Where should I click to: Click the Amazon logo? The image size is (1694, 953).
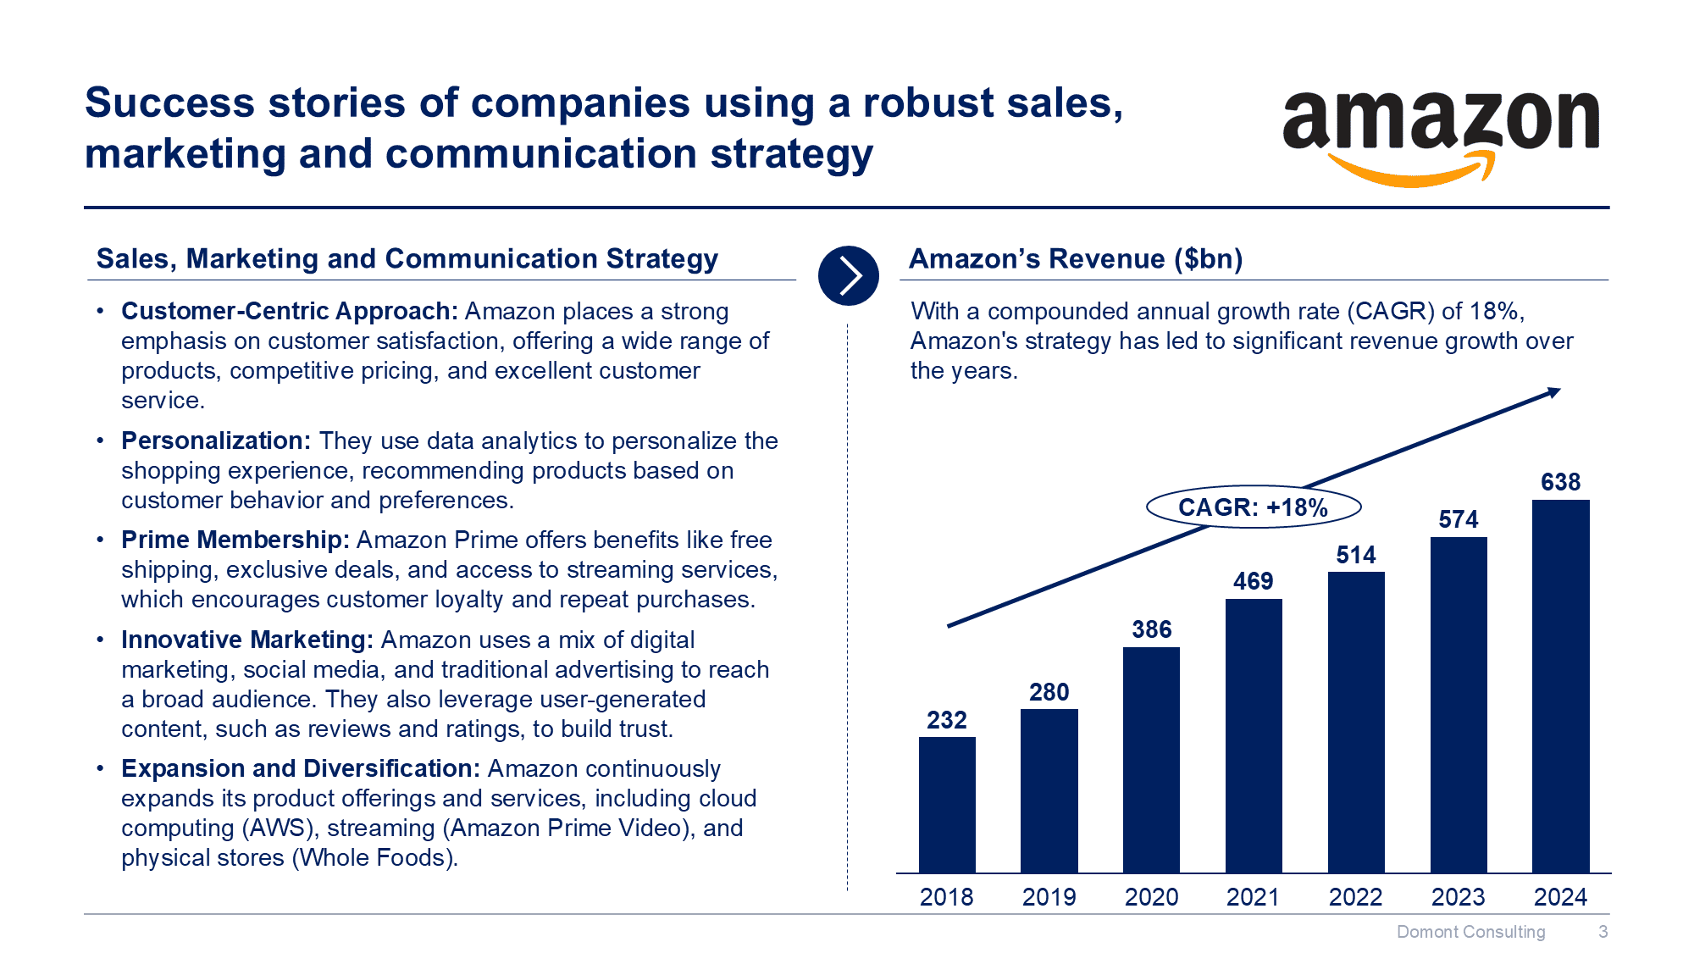pyautogui.click(x=1440, y=136)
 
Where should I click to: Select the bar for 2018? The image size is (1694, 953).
pyautogui.click(x=947, y=804)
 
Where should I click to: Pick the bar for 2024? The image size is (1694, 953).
pyautogui.click(x=1560, y=685)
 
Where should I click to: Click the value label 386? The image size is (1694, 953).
pyautogui.click(x=1151, y=629)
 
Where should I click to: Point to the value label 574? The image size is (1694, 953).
pyautogui.click(x=1458, y=519)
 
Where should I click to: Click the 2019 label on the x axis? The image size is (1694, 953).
pyautogui.click(x=1049, y=897)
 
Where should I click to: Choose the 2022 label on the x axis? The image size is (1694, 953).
pyautogui.click(x=1355, y=897)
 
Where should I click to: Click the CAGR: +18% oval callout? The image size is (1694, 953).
pyautogui.click(x=1253, y=507)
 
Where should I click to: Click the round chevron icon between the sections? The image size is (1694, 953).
pyautogui.click(x=848, y=275)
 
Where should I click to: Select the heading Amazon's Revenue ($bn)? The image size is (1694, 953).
pyautogui.click(x=1076, y=258)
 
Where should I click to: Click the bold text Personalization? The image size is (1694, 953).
pyautogui.click(x=216, y=440)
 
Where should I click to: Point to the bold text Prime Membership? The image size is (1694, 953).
pyautogui.click(x=235, y=540)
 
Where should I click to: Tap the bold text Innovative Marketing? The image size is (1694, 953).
pyautogui.click(x=246, y=640)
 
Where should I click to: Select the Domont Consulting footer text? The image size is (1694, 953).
pyautogui.click(x=1470, y=932)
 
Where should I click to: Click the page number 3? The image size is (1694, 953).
pyautogui.click(x=1603, y=932)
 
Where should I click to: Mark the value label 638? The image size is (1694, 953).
pyautogui.click(x=1560, y=482)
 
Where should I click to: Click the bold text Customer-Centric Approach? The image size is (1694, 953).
pyautogui.click(x=289, y=311)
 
